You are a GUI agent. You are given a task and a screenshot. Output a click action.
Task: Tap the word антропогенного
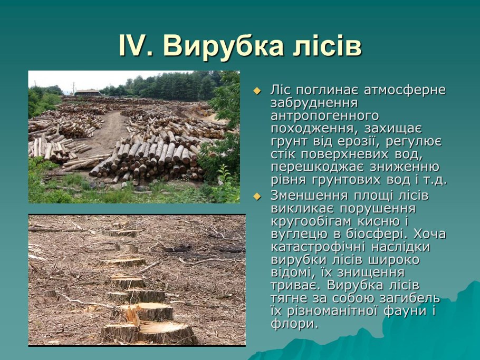[325, 116]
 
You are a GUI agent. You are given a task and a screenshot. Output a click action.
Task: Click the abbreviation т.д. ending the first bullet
[435, 180]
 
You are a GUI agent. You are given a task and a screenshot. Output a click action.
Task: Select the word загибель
[410, 298]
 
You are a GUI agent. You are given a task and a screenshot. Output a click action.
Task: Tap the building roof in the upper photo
[88, 91]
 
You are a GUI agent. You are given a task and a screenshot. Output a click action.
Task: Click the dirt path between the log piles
[107, 132]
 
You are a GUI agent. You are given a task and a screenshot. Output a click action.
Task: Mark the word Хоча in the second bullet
[430, 235]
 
